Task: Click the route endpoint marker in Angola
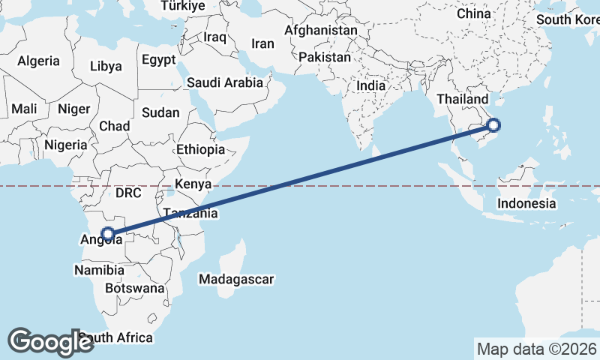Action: click(108, 234)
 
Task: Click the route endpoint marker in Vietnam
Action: click(493, 125)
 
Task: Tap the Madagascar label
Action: click(236, 280)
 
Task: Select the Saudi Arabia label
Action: click(225, 82)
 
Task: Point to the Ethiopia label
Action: click(200, 149)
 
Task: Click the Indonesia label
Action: click(526, 203)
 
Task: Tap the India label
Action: click(370, 85)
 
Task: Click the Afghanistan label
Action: click(321, 31)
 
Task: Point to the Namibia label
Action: click(99, 269)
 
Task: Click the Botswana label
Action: click(134, 288)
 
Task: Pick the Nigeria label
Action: click(66, 145)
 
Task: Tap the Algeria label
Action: click(38, 61)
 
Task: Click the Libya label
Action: click(105, 66)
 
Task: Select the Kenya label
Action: click(193, 184)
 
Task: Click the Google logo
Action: click(51, 342)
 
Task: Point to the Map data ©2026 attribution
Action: click(536, 349)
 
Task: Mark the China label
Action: click(473, 13)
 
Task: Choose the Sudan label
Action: click(160, 112)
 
